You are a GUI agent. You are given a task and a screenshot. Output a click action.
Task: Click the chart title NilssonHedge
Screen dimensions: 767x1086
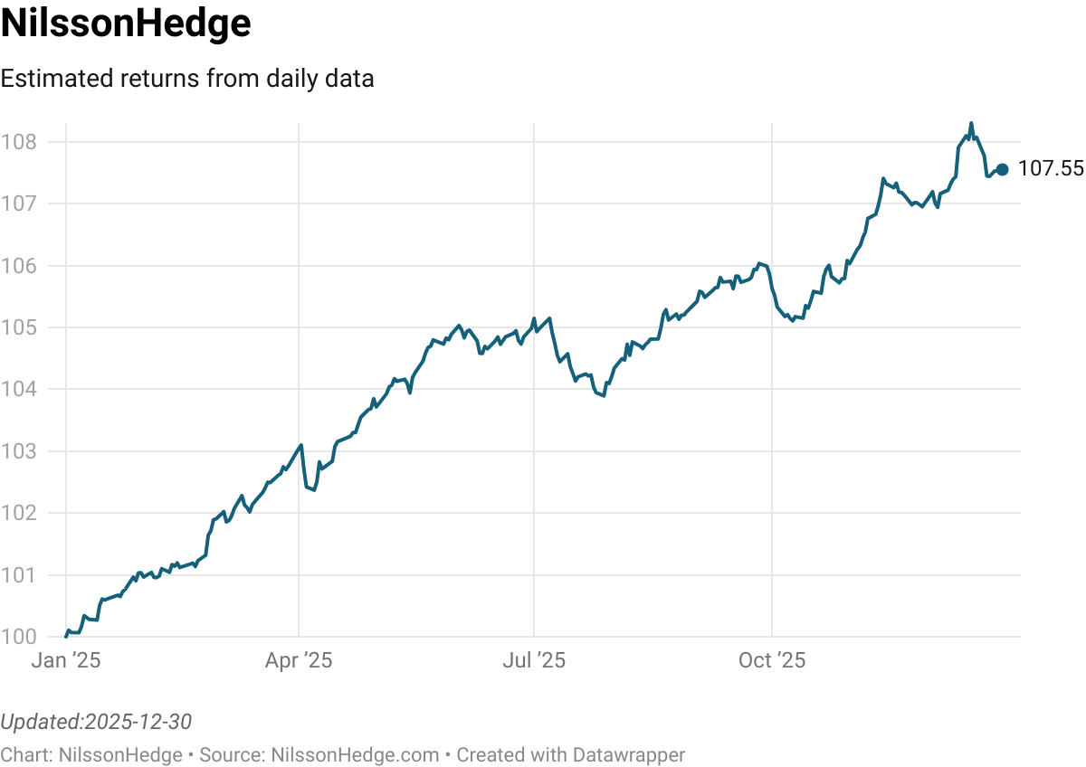click(x=126, y=24)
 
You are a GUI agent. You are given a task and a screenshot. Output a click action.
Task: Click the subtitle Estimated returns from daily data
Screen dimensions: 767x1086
click(x=187, y=79)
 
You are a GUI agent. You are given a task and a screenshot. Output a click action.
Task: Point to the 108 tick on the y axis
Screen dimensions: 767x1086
click(x=18, y=142)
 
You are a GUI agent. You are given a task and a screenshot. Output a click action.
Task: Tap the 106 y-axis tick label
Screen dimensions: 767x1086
click(x=18, y=266)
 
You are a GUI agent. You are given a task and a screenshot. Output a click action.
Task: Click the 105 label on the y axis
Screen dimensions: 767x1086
click(x=18, y=327)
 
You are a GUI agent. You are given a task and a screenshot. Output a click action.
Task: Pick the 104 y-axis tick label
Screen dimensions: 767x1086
click(x=18, y=389)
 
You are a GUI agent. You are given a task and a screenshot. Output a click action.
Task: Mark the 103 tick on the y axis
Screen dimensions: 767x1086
click(x=18, y=451)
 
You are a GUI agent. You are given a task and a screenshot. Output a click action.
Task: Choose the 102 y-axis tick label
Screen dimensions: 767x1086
click(x=18, y=513)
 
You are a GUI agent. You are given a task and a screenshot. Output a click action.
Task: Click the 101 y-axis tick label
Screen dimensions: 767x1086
click(x=18, y=575)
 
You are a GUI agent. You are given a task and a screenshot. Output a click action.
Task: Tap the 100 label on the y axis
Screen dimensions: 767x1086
click(x=18, y=637)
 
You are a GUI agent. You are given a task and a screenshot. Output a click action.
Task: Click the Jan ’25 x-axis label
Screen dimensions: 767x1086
click(x=65, y=661)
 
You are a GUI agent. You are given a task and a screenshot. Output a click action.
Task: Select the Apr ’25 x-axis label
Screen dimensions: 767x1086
click(x=299, y=661)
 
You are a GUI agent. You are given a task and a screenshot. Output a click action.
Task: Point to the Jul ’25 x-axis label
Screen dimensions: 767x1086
click(x=534, y=661)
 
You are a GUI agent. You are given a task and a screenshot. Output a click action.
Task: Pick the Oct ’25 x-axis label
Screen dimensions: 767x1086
click(x=772, y=661)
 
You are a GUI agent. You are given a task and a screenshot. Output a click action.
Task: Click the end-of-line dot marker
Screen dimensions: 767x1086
click(x=1002, y=169)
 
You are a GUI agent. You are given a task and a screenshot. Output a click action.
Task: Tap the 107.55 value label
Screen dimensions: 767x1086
click(x=1050, y=169)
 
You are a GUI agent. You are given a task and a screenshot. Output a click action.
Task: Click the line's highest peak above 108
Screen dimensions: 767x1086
click(x=971, y=124)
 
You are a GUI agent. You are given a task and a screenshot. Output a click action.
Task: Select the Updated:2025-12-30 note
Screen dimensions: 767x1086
click(x=96, y=722)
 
